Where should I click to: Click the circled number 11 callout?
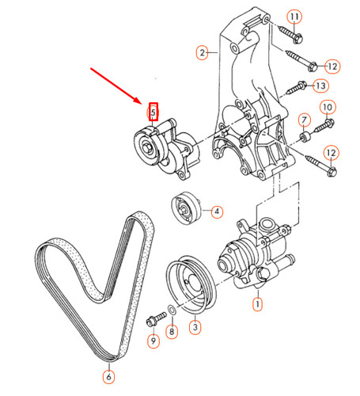(x=294, y=17)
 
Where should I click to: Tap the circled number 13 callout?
(x=320, y=86)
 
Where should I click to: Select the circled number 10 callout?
(x=328, y=107)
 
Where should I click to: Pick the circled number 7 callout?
(x=305, y=120)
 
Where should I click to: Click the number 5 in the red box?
(x=153, y=112)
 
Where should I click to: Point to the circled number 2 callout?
(x=203, y=52)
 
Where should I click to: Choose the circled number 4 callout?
(x=217, y=211)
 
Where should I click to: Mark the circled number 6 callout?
(x=108, y=377)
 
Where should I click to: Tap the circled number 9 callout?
(x=153, y=341)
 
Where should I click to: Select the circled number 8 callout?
(x=172, y=331)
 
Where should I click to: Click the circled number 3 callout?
(x=195, y=327)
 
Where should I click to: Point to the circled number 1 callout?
(x=257, y=303)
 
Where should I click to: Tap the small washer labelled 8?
(x=172, y=310)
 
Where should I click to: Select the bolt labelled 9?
(x=156, y=318)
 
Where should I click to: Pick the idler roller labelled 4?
(x=186, y=208)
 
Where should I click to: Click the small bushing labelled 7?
(x=305, y=137)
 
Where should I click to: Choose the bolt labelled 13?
(x=296, y=88)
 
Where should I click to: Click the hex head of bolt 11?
(x=298, y=39)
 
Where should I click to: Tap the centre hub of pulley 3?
(x=195, y=284)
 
